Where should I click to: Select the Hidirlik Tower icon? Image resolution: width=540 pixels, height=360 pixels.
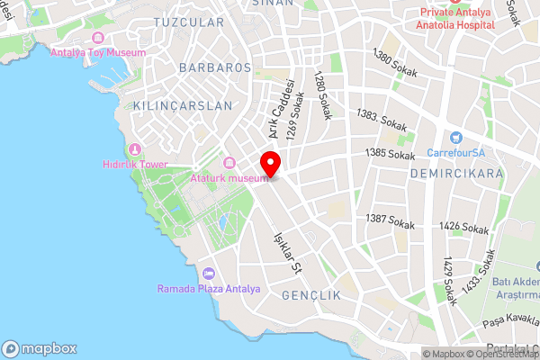(136, 148)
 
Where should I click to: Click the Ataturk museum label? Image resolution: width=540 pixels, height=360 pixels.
(229, 178)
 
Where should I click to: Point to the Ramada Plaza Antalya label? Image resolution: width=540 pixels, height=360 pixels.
(209, 289)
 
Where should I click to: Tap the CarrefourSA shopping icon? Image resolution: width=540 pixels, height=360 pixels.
(456, 138)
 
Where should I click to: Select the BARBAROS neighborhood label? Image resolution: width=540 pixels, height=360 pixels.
(214, 67)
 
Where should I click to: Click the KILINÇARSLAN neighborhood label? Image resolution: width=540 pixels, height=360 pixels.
(182, 105)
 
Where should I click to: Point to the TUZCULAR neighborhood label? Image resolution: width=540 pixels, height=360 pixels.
(188, 21)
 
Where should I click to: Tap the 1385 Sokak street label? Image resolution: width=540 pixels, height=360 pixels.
(390, 154)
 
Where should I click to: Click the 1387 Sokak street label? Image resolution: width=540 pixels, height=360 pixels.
(390, 220)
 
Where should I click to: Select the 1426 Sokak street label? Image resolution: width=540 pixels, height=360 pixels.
(465, 230)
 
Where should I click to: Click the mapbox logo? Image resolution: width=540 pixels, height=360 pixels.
(40, 348)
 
